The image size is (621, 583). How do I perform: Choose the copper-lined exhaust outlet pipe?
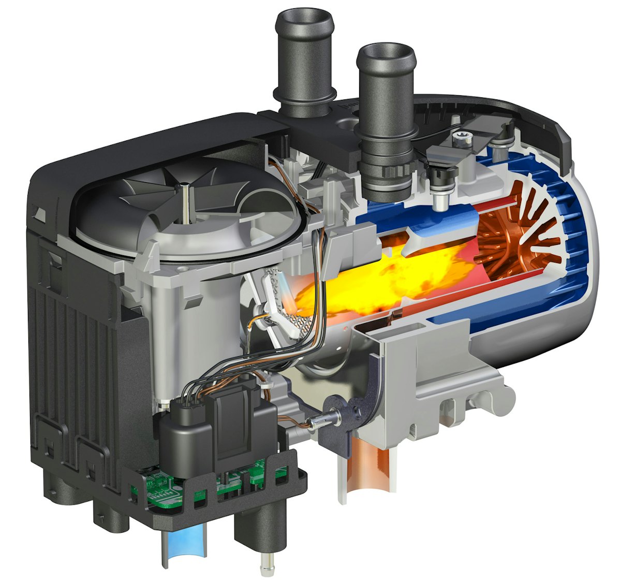pos(373,471)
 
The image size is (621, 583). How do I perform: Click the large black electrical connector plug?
pos(228,425)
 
